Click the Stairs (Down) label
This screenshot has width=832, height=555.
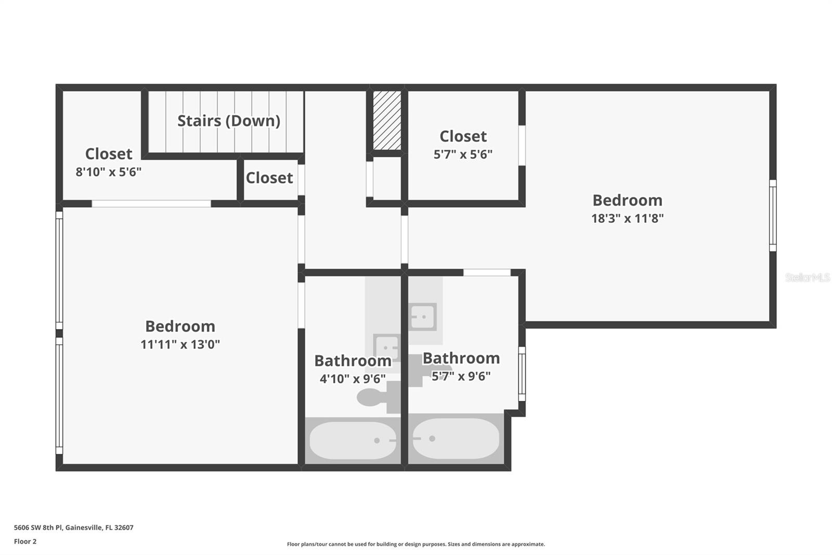tap(229, 121)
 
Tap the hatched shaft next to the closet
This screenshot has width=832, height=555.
tap(387, 120)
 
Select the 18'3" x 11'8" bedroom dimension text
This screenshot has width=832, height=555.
tap(627, 218)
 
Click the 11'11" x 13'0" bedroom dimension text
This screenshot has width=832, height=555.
tap(180, 344)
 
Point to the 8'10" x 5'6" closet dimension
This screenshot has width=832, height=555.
tap(108, 172)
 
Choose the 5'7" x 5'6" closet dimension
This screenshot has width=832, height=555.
tap(463, 154)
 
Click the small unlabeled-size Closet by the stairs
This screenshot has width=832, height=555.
tap(269, 178)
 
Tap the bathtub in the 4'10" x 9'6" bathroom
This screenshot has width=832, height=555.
tap(353, 440)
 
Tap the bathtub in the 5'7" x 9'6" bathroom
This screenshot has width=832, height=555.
tap(456, 439)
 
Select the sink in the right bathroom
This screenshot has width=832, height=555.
tap(422, 317)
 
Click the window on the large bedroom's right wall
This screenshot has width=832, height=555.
tap(773, 216)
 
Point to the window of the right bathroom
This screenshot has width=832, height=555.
tap(522, 374)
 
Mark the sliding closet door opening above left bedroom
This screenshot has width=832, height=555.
tap(151, 204)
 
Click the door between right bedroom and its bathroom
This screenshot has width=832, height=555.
tap(487, 272)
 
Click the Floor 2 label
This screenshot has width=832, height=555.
tap(25, 541)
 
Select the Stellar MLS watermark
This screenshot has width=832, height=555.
tap(807, 277)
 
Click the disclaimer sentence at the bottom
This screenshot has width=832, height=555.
tap(415, 544)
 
